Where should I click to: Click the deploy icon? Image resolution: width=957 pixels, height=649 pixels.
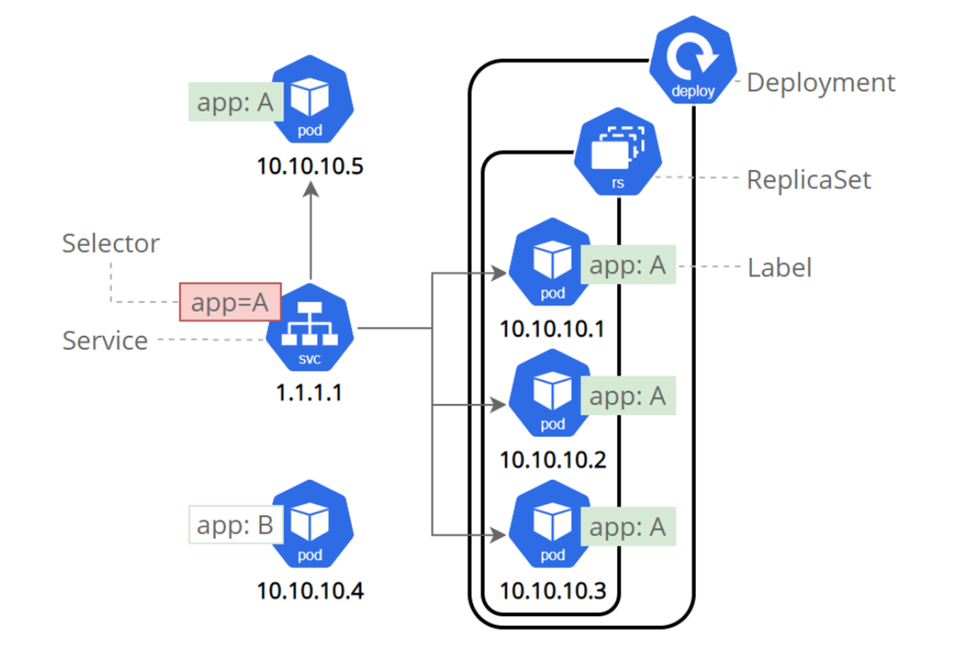click(x=693, y=60)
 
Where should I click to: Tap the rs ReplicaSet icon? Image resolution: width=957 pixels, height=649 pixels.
click(x=618, y=151)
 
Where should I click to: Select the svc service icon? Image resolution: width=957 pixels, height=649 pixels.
click(x=310, y=327)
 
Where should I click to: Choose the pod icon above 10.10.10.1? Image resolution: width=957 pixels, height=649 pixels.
click(x=550, y=262)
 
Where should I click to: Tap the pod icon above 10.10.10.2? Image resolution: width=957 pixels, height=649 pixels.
click(x=550, y=393)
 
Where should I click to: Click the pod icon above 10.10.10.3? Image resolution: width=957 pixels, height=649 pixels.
click(x=550, y=524)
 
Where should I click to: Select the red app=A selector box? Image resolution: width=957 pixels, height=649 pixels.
click(x=230, y=302)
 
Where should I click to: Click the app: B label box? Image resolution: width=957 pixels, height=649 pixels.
click(x=236, y=524)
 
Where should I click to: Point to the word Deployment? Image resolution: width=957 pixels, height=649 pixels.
click(x=821, y=83)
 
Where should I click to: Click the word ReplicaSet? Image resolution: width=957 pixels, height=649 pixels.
click(x=809, y=180)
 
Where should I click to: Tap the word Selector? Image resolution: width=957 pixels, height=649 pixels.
click(x=111, y=243)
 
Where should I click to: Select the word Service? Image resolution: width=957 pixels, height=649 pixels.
click(x=105, y=341)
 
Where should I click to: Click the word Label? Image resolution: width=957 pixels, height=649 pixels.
click(x=779, y=267)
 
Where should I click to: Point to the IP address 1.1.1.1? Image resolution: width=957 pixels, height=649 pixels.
click(x=309, y=393)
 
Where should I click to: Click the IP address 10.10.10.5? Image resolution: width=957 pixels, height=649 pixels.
click(x=310, y=166)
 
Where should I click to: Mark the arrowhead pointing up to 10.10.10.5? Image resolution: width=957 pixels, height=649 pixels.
click(x=311, y=189)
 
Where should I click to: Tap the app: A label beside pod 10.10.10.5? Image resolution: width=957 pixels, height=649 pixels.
click(x=236, y=102)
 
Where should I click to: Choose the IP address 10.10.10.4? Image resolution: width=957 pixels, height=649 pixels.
click(x=310, y=591)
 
